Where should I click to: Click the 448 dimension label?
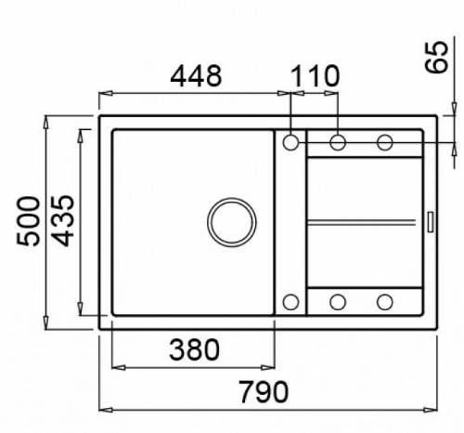[196, 76]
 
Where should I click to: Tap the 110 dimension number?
[316, 76]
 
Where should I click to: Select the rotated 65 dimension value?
[436, 58]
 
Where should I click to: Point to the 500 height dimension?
[28, 221]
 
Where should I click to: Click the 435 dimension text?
[62, 220]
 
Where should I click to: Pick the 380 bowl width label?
[194, 349]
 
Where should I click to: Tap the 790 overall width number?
[264, 392]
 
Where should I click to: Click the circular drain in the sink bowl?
[232, 222]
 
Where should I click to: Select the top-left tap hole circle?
[290, 142]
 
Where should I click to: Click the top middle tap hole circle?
[338, 142]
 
